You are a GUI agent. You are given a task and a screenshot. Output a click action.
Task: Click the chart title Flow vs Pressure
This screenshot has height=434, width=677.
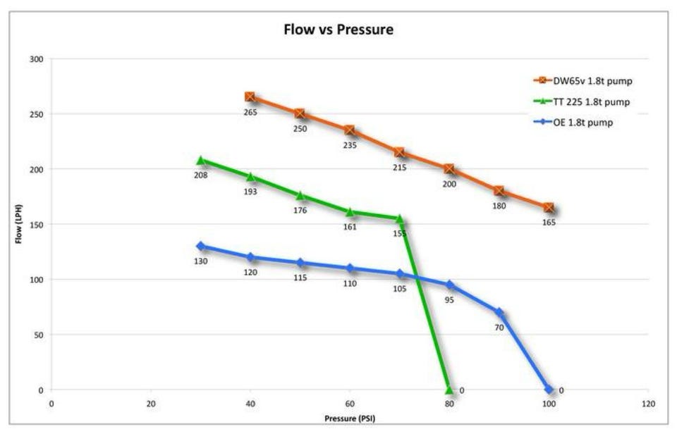[338, 30]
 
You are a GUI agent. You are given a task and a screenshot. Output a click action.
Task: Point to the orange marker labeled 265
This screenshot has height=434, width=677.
[250, 97]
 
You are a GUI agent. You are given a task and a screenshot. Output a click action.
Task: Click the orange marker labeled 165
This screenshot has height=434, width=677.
[549, 208]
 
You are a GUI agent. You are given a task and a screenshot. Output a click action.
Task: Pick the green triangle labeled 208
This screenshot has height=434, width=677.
[201, 161]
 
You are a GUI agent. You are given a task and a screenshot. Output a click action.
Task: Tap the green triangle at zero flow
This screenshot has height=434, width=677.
[449, 390]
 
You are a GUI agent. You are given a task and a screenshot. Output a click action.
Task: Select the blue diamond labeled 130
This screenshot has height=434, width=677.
[201, 246]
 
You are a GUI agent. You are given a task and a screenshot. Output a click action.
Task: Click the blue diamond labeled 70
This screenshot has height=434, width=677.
[499, 312]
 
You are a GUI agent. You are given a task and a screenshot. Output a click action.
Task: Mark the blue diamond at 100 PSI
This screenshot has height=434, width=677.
[549, 390]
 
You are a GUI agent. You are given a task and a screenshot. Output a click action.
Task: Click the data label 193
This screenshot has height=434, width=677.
[250, 192]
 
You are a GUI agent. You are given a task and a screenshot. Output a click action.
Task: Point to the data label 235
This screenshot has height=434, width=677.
[350, 145]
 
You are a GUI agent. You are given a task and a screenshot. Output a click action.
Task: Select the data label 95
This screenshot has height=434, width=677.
[449, 299]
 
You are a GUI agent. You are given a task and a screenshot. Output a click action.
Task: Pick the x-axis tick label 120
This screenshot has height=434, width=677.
[648, 404]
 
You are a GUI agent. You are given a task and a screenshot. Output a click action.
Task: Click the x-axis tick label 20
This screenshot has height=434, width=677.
[150, 404]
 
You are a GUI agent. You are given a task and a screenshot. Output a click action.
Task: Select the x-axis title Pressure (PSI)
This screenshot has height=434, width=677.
[350, 418]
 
